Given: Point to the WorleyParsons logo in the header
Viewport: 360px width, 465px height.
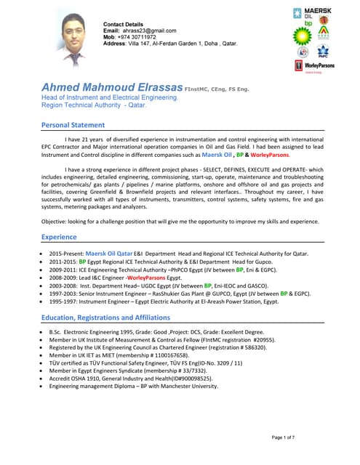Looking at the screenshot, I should (x=315, y=65).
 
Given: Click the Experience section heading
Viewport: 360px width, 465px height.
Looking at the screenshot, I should (x=59, y=237).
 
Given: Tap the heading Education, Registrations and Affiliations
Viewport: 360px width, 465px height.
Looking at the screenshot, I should (x=106, y=318).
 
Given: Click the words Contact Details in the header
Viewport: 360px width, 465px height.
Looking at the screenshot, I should (x=124, y=24).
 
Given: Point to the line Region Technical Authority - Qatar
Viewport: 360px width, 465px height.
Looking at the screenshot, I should (x=94, y=105).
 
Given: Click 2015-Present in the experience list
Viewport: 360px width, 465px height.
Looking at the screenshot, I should (x=66, y=254).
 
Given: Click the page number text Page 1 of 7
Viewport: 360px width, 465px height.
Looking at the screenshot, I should (x=284, y=437).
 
